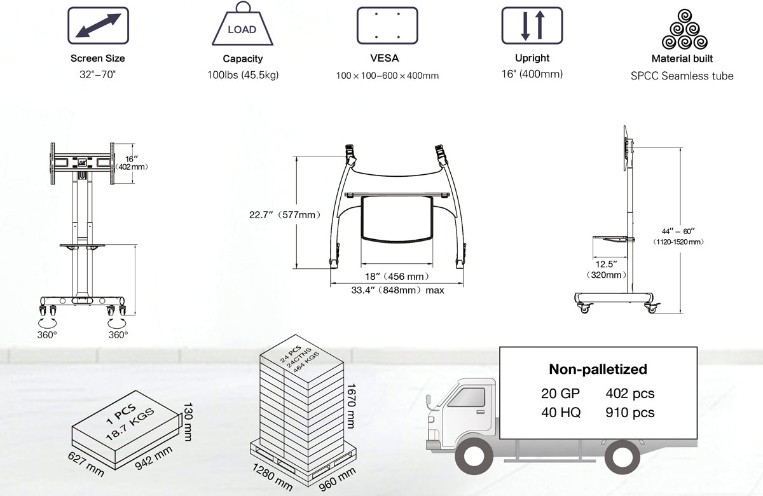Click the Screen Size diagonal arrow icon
98,25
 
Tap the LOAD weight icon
242,26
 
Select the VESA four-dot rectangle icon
387,25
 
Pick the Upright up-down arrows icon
532,25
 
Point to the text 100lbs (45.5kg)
243,75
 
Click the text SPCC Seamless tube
682,76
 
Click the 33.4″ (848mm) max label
397,290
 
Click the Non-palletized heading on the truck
597,369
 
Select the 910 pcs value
629,412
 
